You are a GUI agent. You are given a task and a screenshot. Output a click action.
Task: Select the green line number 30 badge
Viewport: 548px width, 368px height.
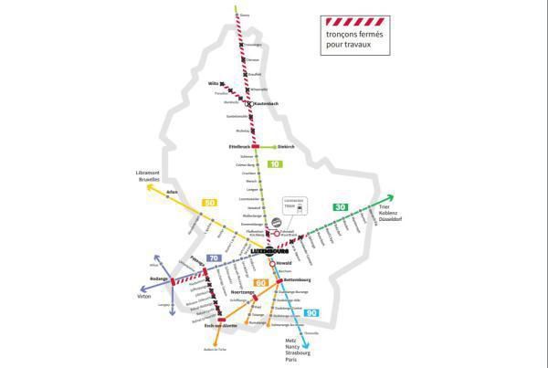point(340,207)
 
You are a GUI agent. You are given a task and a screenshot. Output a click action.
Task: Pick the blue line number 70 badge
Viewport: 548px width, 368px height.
point(214,258)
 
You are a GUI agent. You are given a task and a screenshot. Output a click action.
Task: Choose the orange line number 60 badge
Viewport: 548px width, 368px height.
point(260,284)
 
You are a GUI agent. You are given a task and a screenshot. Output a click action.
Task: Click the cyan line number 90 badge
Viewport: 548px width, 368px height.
point(313,313)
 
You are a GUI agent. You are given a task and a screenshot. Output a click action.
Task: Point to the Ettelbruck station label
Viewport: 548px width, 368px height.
point(238,146)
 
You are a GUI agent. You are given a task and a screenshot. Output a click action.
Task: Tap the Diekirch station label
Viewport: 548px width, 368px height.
point(288,146)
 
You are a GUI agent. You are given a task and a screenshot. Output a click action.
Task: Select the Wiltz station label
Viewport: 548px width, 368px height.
point(214,82)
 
